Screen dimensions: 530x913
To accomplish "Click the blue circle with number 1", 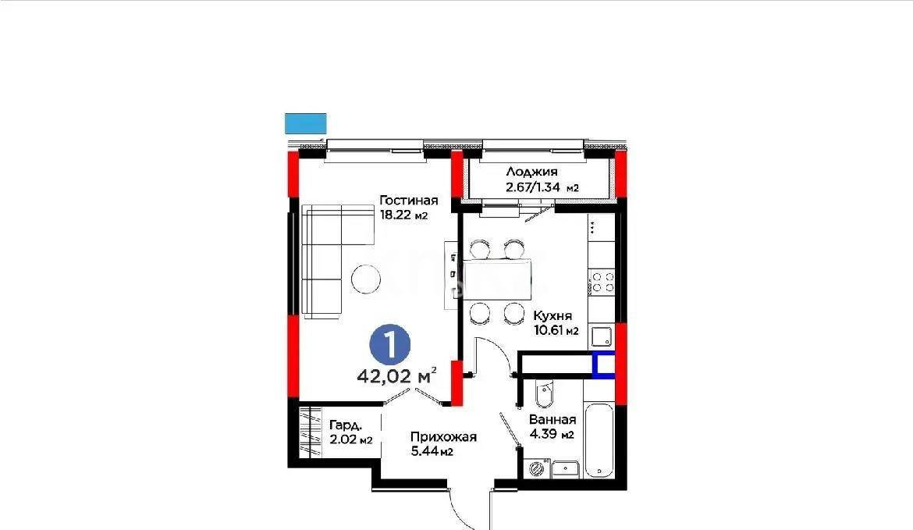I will [389, 343].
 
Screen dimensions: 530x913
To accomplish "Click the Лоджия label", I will [532, 173].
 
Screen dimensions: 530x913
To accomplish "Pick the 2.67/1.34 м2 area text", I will [542, 187].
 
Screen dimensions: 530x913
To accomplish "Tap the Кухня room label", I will [552, 316].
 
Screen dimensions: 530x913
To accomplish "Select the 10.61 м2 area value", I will [556, 331].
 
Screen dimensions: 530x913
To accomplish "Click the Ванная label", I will [552, 419].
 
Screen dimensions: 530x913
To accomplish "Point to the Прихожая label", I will [443, 437].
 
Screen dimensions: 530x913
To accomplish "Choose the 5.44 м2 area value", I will [432, 452].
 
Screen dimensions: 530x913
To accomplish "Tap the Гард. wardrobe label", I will [344, 425].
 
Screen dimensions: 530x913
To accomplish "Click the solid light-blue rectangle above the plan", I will [306, 123].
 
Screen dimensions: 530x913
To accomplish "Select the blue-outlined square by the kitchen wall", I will [603, 365].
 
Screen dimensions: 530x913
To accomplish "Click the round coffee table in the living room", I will [366, 279].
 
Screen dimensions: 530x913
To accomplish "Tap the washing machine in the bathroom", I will [536, 469].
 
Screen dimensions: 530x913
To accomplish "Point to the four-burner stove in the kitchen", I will [602, 281].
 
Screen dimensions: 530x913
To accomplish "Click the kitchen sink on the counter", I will [601, 336].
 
